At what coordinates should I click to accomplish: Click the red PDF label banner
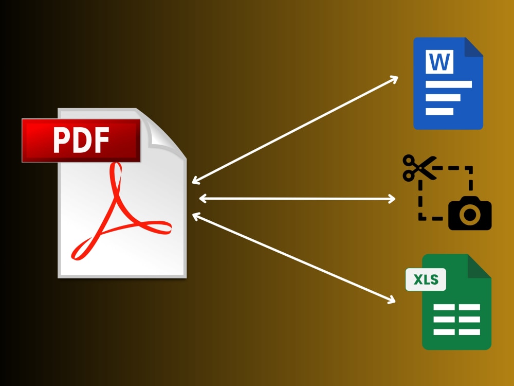click(x=81, y=141)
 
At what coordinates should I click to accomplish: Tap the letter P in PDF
click(x=61, y=140)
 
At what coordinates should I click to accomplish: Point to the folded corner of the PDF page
click(x=164, y=134)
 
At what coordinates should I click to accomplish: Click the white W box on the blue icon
click(x=439, y=62)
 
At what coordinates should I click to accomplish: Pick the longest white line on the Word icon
click(x=448, y=84)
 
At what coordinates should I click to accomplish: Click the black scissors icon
click(x=419, y=167)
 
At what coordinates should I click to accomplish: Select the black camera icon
click(x=470, y=214)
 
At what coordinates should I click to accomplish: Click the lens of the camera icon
click(x=470, y=215)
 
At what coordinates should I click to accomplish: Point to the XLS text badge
click(x=426, y=279)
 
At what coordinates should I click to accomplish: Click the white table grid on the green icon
click(x=456, y=320)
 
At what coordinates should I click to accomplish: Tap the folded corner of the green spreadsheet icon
click(x=480, y=266)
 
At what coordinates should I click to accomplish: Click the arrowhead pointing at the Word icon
click(x=394, y=79)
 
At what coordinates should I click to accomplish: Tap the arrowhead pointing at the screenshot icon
click(x=392, y=199)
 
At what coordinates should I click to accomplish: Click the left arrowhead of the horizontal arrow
click(x=203, y=198)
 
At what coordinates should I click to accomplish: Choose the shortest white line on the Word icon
click(x=439, y=112)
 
